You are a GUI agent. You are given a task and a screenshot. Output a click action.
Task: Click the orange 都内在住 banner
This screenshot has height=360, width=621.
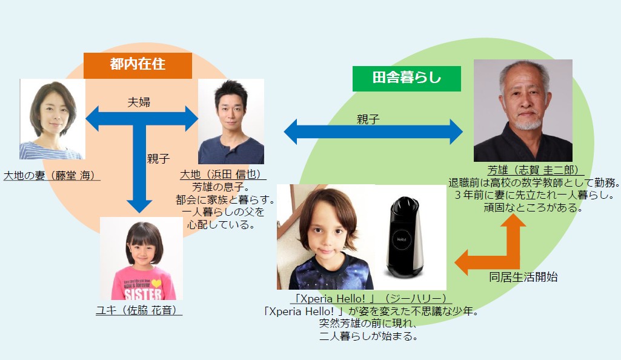pos(138,65)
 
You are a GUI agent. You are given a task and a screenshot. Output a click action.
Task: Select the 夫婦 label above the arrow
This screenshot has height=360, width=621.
pos(139,102)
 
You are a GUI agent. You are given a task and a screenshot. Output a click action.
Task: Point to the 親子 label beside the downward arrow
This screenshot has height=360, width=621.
pos(158,159)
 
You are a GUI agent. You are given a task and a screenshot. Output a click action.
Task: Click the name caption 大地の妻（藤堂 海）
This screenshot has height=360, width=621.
pos(51,175)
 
